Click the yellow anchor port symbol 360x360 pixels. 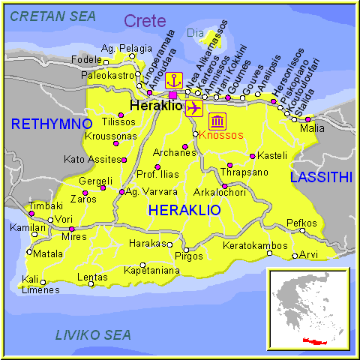click(174, 79)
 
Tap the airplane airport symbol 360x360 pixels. click(193, 107)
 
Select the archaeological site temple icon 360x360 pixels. click(217, 121)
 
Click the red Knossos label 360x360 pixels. click(221, 135)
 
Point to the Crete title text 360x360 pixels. click(145, 21)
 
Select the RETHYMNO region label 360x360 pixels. click(51, 123)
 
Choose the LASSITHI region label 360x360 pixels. click(321, 177)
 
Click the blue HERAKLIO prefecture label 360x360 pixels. click(184, 211)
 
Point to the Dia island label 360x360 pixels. click(194, 33)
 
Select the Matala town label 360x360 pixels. click(48, 253)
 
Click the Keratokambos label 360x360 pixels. click(255, 245)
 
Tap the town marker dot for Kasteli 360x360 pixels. click(253, 156)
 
